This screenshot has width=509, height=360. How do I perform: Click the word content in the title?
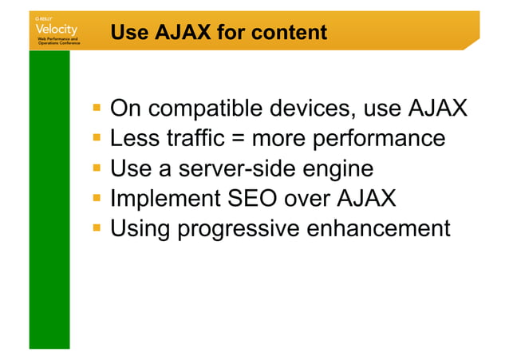289,33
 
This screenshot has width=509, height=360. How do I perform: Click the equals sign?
239,139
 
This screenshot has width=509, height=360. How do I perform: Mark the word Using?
140,229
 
